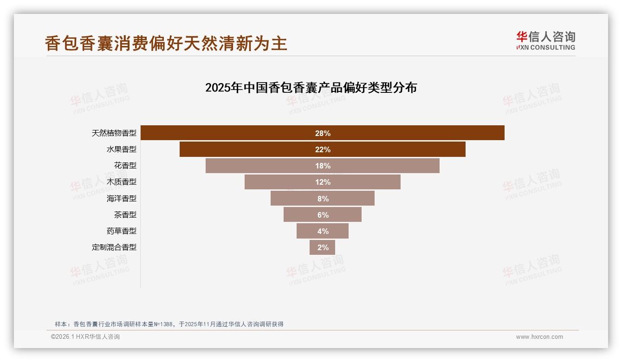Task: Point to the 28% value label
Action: tap(323, 133)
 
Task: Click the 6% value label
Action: tap(323, 215)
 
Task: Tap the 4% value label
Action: tap(323, 231)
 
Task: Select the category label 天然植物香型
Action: tap(114, 133)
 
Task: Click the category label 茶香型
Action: tap(125, 215)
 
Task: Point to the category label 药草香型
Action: tap(122, 231)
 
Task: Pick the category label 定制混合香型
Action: tap(114, 247)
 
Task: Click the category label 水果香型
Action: tap(122, 149)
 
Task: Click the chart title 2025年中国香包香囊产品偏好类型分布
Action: tap(311, 87)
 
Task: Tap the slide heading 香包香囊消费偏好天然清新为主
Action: tap(166, 43)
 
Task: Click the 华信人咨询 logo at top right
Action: tap(545, 40)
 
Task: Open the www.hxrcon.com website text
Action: tap(539, 337)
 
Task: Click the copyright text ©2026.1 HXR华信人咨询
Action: tap(85, 337)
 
